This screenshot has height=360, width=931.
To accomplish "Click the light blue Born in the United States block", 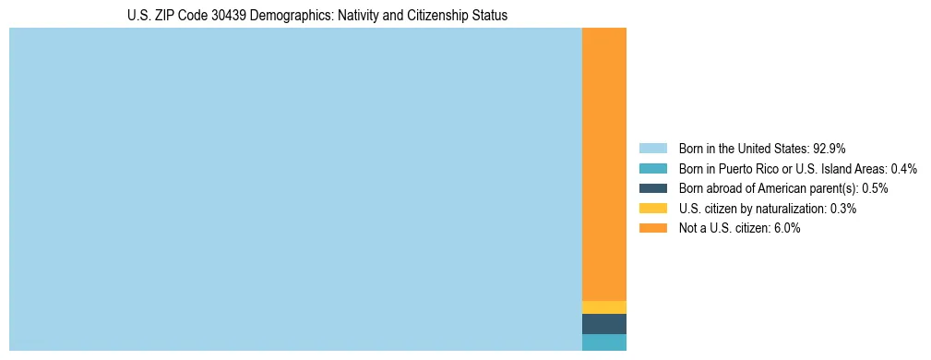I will tap(295, 189).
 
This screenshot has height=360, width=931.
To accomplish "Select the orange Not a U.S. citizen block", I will tap(604, 164).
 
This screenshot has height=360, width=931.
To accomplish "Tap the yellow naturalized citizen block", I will tap(604, 307).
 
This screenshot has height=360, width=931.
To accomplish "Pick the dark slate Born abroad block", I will tap(604, 324).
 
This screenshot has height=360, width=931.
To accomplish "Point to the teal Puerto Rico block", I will tap(604, 342).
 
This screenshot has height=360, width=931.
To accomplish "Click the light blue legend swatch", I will tap(652, 149).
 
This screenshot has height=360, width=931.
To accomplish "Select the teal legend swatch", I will tap(652, 169).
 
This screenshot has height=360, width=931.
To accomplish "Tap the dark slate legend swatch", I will tap(652, 188).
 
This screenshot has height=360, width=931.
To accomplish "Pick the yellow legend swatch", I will tap(652, 209).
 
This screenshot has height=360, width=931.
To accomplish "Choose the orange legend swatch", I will tap(652, 229).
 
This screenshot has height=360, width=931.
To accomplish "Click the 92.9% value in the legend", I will tap(830, 149).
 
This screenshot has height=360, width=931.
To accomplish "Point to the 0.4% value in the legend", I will tap(904, 169).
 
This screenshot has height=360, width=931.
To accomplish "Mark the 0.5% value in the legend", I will tap(875, 188).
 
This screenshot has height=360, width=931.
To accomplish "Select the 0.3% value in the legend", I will tap(843, 209).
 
